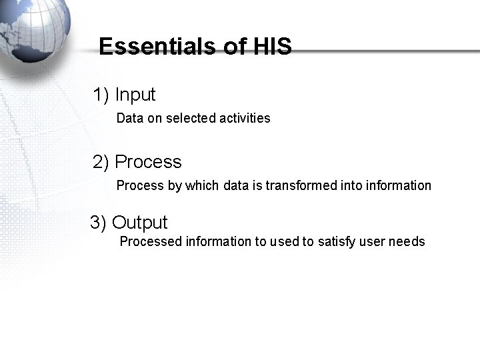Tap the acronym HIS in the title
tap(272, 47)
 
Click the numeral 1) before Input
tap(101, 95)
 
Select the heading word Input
tap(135, 95)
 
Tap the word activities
tap(245, 118)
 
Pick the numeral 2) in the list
tap(101, 162)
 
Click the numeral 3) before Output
tap(99, 223)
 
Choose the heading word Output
tap(140, 223)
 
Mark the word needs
tap(408, 241)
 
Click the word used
tap(285, 241)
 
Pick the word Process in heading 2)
tap(148, 162)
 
